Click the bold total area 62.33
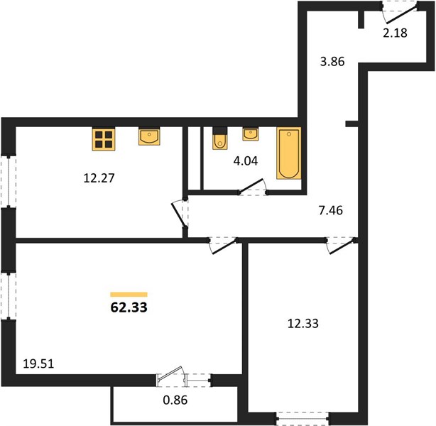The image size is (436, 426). pos(129,307)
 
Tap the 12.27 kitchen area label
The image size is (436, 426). pos(99,178)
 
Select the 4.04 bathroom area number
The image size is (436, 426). pos(246,160)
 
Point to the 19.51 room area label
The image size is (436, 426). pos(38,364)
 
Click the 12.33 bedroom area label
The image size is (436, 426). pos(303,323)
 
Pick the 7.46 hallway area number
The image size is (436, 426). pos(331,210)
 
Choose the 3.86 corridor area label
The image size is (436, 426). pos(332,62)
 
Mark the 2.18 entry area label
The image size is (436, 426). pos(395,33)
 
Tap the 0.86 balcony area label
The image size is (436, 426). pos(175,400)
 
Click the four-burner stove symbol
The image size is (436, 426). pos(104,139)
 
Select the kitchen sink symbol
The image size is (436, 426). pos(149,136)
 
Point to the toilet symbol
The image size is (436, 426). pos(219,138)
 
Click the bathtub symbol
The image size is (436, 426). pos(288,153)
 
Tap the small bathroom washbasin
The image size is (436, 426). pos(251,134)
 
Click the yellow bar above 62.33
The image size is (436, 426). pos(129,295)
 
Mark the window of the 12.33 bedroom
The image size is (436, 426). pos(303,418)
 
